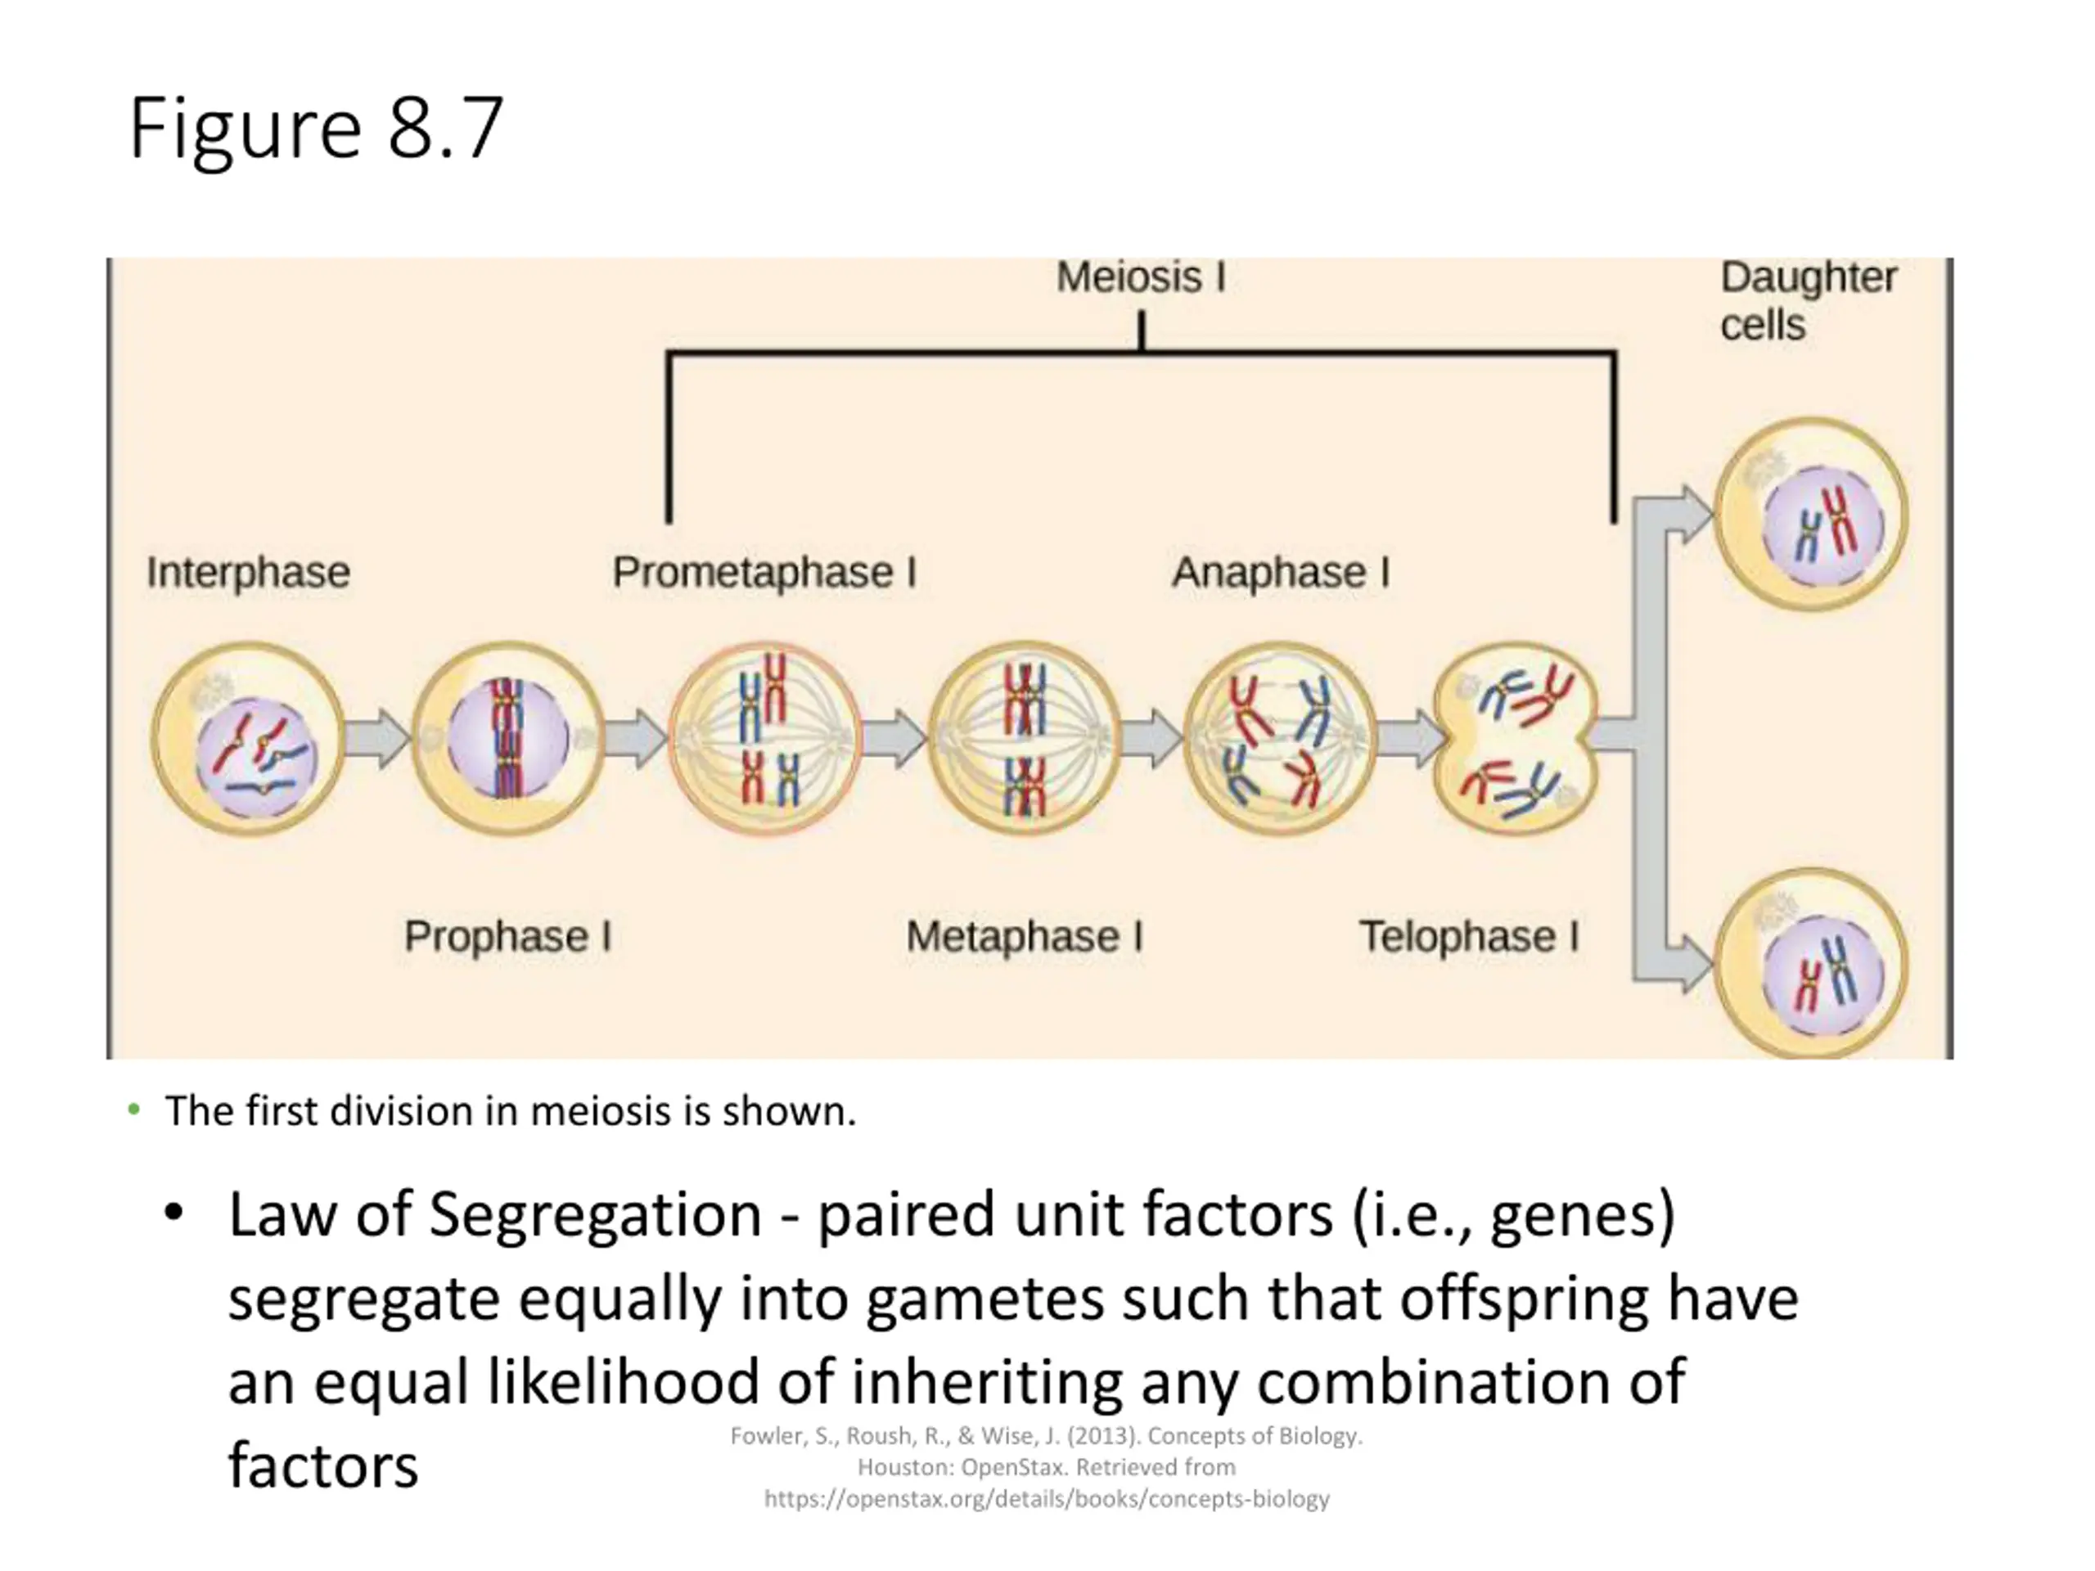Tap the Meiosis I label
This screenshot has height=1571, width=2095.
[1142, 277]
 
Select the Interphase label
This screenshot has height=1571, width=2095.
[248, 573]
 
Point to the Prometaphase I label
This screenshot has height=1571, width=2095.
[764, 572]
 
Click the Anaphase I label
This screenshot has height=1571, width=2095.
[1281, 572]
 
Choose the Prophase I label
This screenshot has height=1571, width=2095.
[507, 937]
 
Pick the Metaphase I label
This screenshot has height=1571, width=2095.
[1025, 937]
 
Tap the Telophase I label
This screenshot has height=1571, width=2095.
[1469, 937]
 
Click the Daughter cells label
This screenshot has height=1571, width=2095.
[1808, 301]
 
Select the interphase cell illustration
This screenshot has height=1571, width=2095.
[249, 739]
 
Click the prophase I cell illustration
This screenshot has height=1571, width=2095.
[508, 739]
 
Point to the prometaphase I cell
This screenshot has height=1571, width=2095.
[765, 739]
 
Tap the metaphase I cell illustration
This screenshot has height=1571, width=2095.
[1025, 739]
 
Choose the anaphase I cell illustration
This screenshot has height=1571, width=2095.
[1281, 739]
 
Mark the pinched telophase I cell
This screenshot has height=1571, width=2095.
[1516, 738]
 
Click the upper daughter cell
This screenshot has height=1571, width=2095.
[1811, 514]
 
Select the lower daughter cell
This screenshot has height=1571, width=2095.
[1811, 963]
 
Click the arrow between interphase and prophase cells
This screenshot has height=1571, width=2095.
[378, 739]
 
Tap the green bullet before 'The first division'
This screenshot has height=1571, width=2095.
[133, 1109]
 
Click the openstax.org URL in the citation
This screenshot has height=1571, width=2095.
[1047, 1499]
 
